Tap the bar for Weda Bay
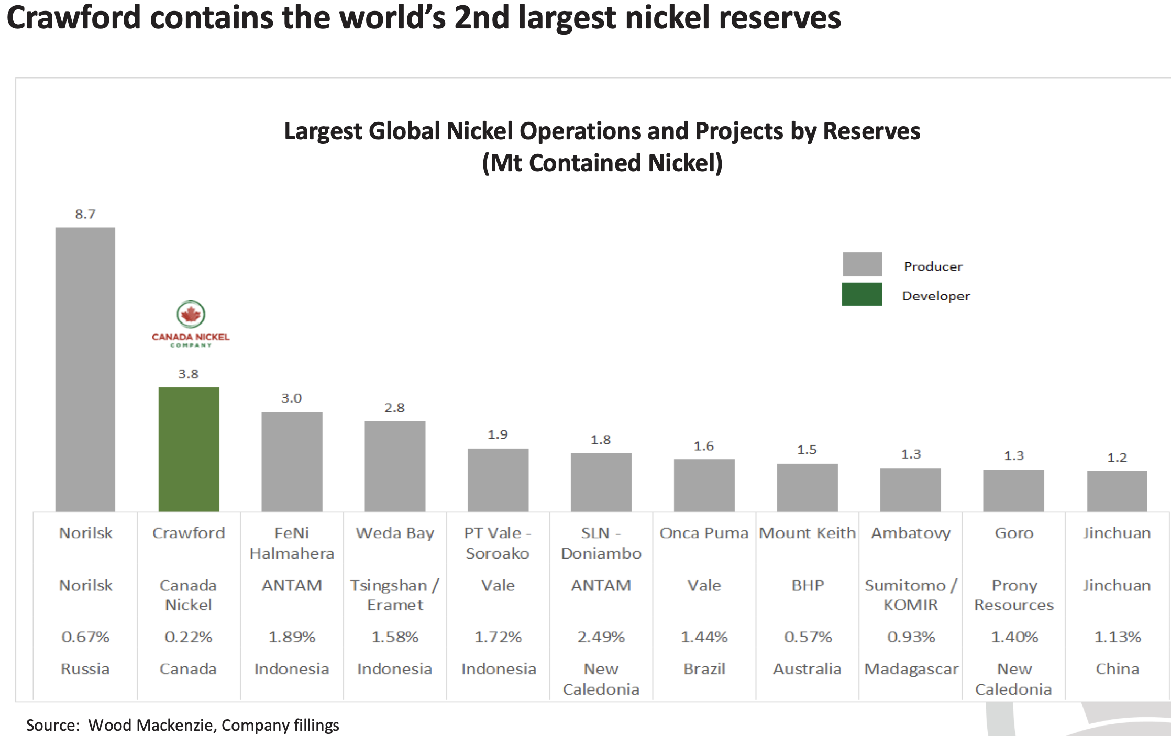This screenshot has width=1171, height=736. pyautogui.click(x=395, y=466)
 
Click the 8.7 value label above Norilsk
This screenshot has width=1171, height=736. pyautogui.click(x=85, y=214)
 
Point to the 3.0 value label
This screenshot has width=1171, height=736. pyautogui.click(x=291, y=398)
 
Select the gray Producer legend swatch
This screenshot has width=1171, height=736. pyautogui.click(x=862, y=264)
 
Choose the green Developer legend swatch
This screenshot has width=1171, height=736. pyautogui.click(x=862, y=294)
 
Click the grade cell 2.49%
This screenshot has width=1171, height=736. pyautogui.click(x=601, y=637)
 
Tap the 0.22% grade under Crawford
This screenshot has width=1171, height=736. pyautogui.click(x=189, y=637)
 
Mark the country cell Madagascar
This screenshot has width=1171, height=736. pyautogui.click(x=911, y=669)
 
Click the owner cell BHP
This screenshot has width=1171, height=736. pyautogui.click(x=808, y=585)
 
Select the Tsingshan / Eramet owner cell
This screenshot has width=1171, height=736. pyautogui.click(x=395, y=595)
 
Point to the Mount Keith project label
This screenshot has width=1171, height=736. pyautogui.click(x=808, y=533)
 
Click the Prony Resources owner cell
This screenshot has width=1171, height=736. pyautogui.click(x=1014, y=595)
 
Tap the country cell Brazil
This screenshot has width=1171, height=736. pyautogui.click(x=704, y=669)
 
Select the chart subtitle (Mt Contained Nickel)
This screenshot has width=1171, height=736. pyautogui.click(x=602, y=163)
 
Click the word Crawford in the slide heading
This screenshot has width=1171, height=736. pyautogui.click(x=74, y=17)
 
